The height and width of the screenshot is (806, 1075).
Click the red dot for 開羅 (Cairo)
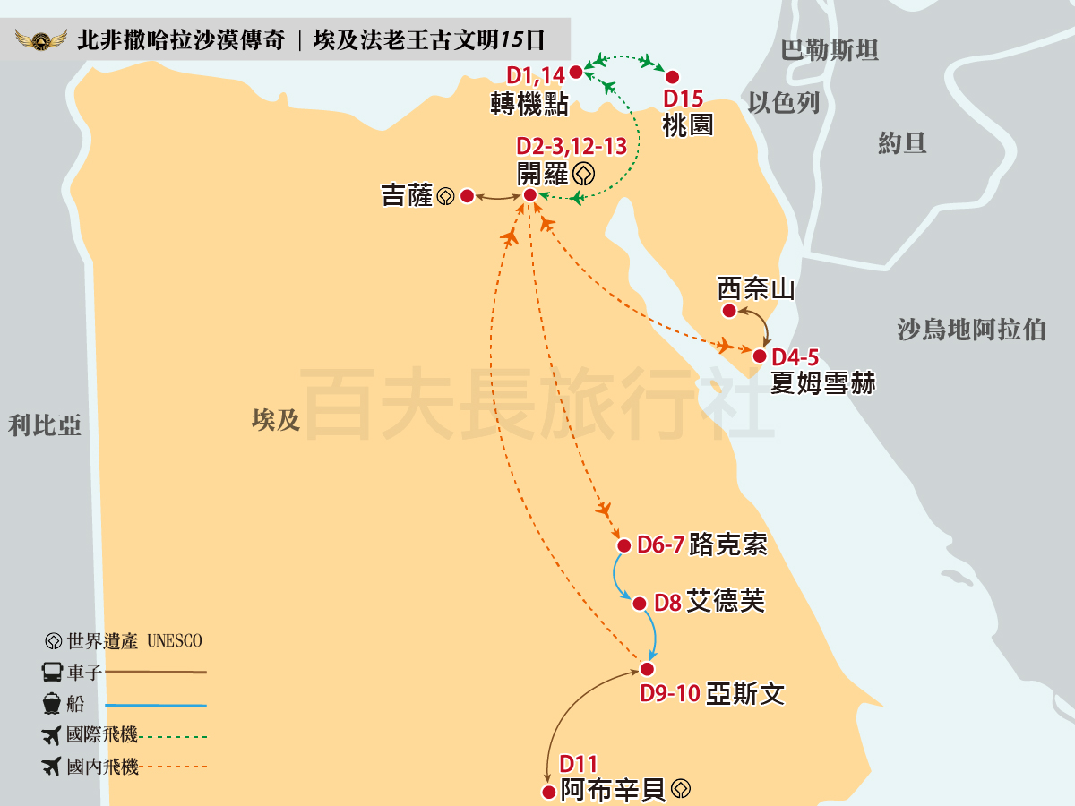(529, 194)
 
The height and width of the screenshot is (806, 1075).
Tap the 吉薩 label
(407, 195)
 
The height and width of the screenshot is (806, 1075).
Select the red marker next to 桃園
(672, 77)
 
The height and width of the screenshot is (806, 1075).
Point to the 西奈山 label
(756, 289)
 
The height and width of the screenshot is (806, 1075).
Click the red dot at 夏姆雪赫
(760, 356)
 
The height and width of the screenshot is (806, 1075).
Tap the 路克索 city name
(728, 544)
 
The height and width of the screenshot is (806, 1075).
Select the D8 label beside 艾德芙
(667, 603)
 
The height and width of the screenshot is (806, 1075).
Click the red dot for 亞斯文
(647, 668)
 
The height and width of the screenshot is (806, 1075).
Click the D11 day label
(578, 764)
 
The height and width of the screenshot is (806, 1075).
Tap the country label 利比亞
(44, 424)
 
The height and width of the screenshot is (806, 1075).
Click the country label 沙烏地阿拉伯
(972, 329)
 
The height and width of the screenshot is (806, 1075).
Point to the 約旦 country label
(902, 142)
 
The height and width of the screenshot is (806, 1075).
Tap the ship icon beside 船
(52, 704)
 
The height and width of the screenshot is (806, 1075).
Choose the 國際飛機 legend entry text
(102, 735)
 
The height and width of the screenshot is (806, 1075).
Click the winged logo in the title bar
(41, 40)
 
